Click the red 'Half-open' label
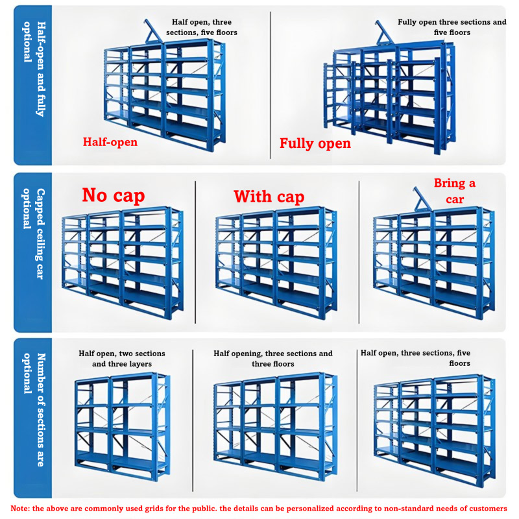tap(110, 142)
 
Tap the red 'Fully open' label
tap(315, 143)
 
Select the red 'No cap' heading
tap(114, 195)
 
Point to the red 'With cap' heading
tap(269, 197)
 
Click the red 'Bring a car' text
tap(455, 191)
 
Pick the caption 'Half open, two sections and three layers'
tap(122, 359)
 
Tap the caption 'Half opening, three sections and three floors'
tap(273, 359)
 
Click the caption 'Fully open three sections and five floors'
tap(452, 27)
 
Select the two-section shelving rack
tap(122, 426)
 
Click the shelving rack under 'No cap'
tap(123, 263)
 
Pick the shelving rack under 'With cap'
tap(276, 263)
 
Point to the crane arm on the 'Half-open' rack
tap(153, 31)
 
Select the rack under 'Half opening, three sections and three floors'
tap(275, 426)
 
